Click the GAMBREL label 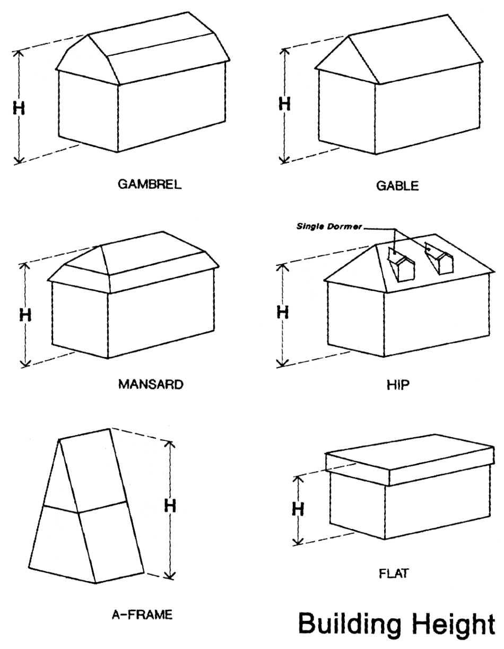click(x=150, y=185)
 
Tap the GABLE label click(x=397, y=186)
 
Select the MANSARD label click(x=150, y=384)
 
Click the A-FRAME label click(x=142, y=615)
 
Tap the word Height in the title click(x=451, y=624)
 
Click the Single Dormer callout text click(x=329, y=227)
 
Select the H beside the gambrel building click(x=19, y=108)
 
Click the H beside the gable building click(x=284, y=104)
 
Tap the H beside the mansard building click(x=25, y=315)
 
